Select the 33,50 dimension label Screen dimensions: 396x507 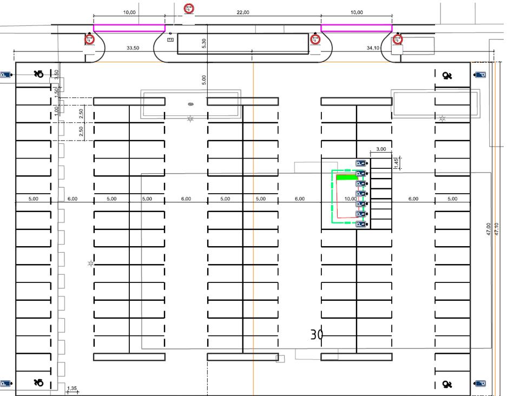[133, 48]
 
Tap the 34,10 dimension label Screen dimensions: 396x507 [373, 48]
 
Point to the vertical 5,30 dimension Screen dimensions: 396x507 [203, 44]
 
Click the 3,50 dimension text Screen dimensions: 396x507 [57, 74]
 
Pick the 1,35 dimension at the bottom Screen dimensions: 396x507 [71, 388]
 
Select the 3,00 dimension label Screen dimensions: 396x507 [381, 149]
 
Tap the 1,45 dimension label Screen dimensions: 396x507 [396, 162]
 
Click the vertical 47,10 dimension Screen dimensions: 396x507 [497, 228]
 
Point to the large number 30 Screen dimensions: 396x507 [317, 335]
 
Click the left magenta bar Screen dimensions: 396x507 [129, 28]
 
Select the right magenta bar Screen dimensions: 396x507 [356, 28]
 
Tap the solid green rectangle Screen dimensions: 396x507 [346, 177]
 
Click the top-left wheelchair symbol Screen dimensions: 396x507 [38, 74]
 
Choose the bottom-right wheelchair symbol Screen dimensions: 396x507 [447, 384]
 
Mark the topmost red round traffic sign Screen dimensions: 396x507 [188, 8]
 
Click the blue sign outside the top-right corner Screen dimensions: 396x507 [479, 75]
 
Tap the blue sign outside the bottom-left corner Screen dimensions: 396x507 [5, 384]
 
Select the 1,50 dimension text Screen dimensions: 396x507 [56, 92]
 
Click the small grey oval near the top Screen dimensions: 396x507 [190, 104]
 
